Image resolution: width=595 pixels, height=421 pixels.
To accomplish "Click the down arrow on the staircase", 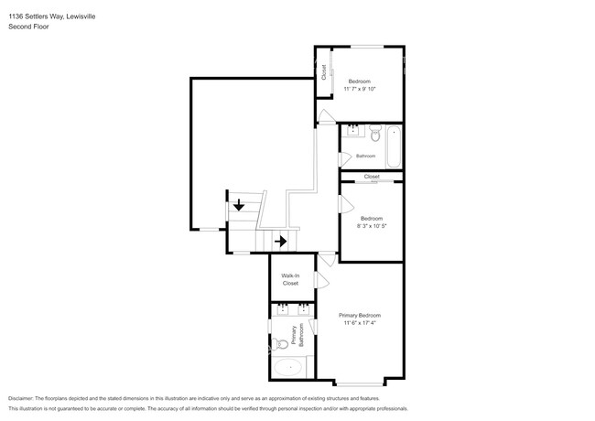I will [238, 205].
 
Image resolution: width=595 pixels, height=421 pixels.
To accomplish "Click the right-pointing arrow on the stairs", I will [281, 242].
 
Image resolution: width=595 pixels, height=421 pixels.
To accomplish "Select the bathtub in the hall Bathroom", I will [394, 146].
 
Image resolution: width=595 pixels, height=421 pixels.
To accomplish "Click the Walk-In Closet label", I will [290, 279].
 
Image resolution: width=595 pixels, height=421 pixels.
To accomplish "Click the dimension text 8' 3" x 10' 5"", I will [371, 226].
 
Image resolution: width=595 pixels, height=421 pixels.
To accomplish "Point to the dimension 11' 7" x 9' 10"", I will [360, 89].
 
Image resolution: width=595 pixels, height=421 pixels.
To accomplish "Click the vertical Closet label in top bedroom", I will [323, 73].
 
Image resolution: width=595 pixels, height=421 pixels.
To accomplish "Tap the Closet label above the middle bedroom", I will [371, 177].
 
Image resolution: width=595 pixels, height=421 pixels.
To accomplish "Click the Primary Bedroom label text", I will [361, 315].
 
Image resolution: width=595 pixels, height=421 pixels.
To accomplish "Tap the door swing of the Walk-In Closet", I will [320, 279].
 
